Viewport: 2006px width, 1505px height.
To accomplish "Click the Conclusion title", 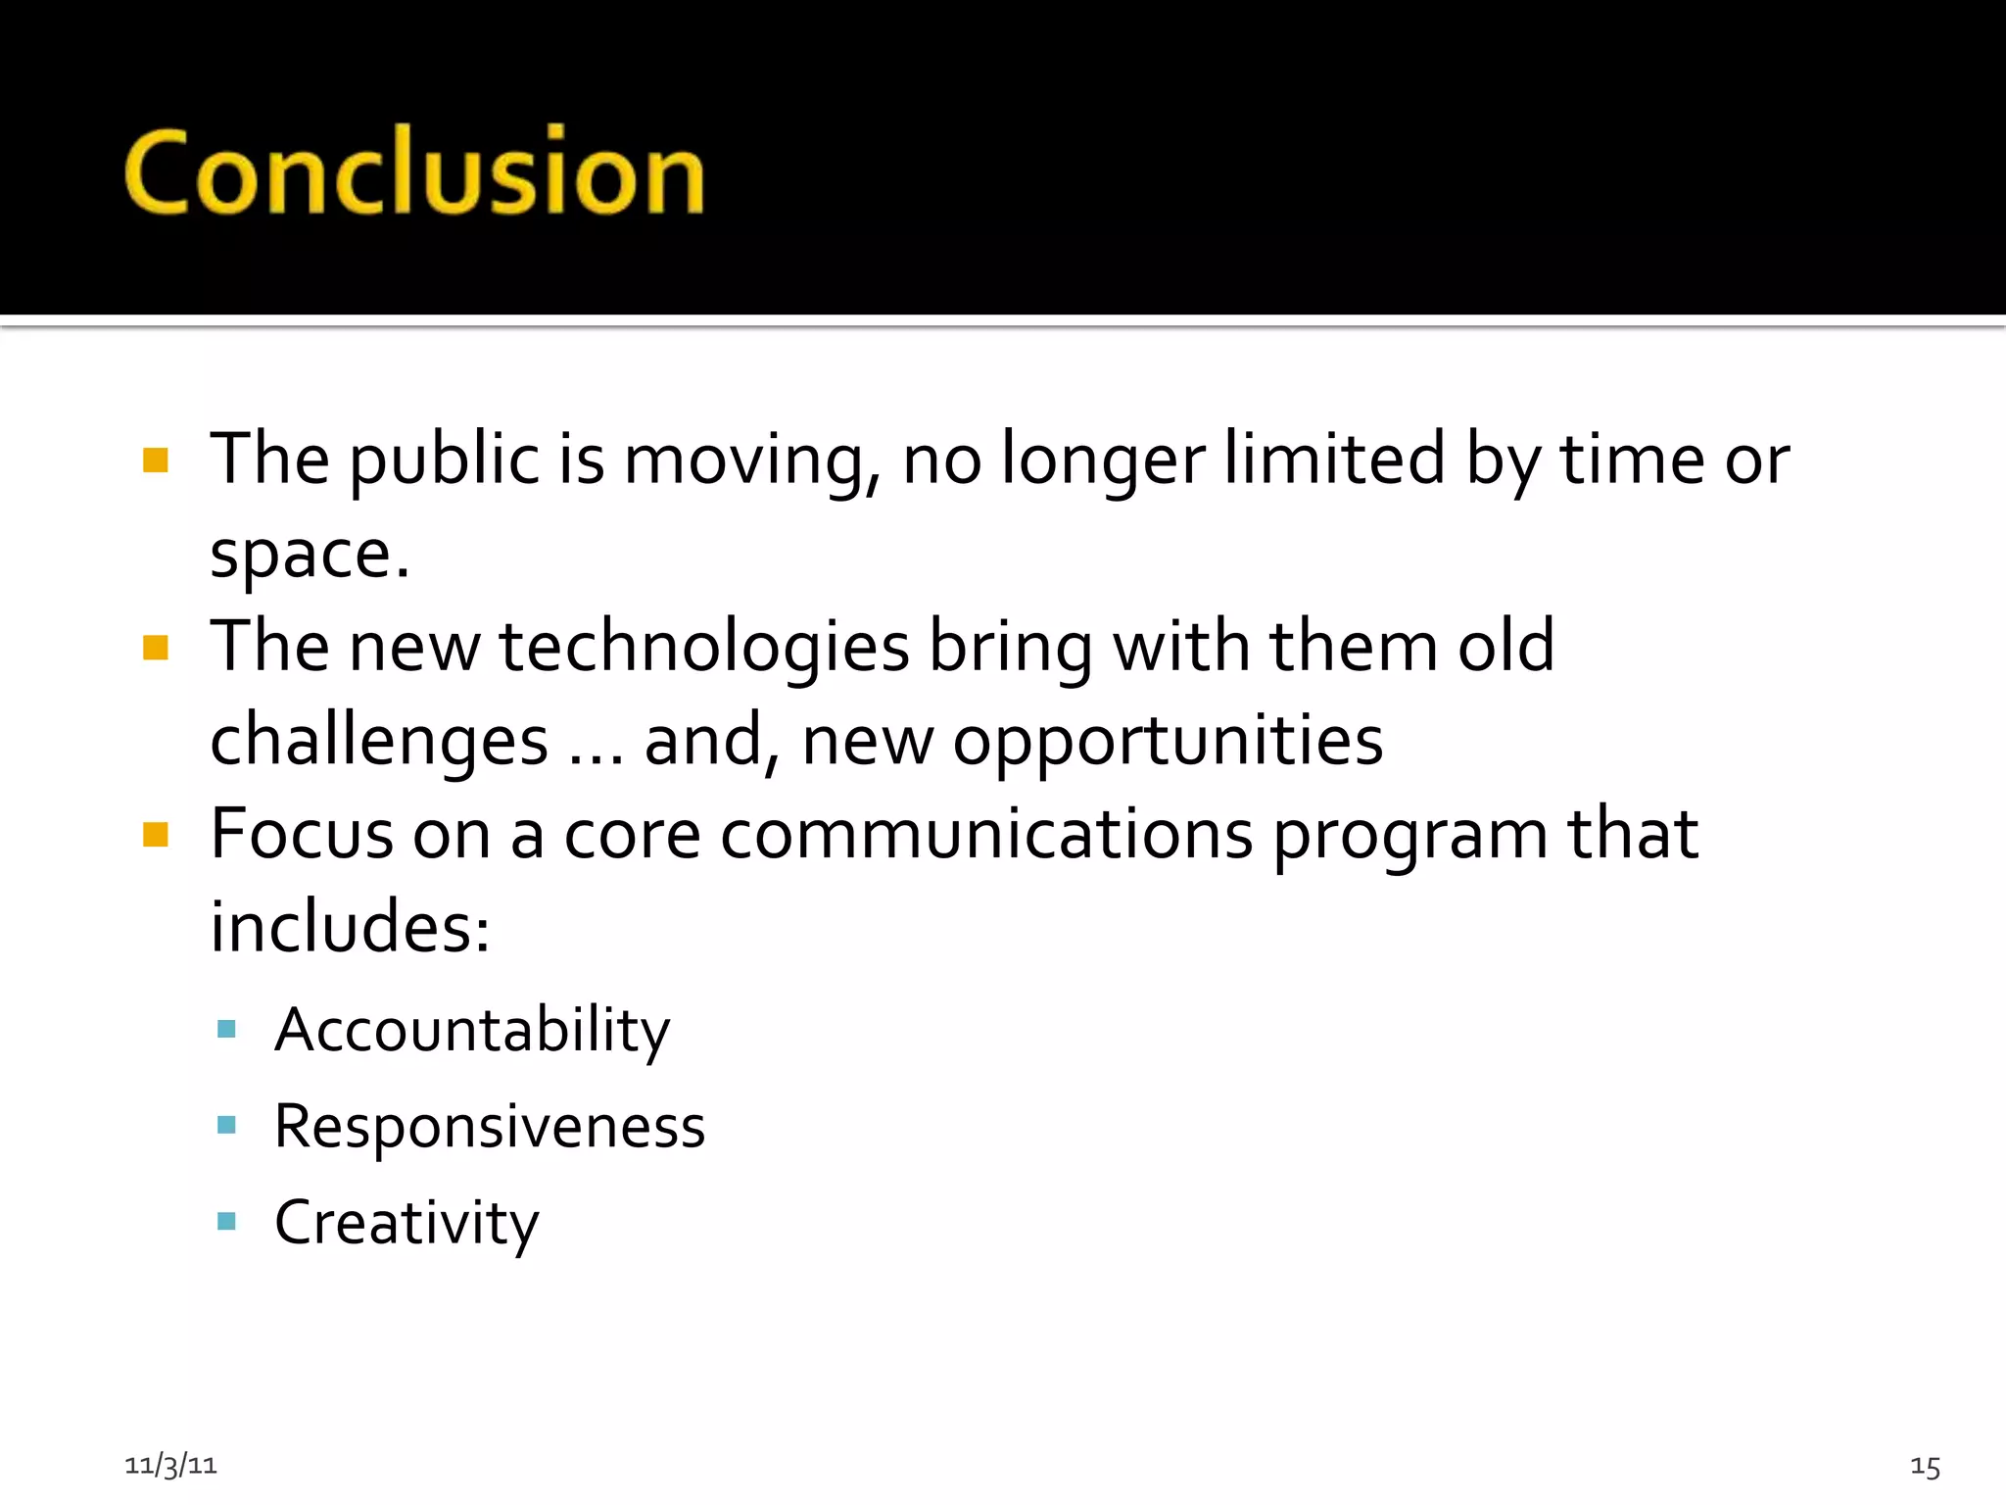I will [413, 172].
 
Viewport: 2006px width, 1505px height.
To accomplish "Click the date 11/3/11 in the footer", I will [170, 1465].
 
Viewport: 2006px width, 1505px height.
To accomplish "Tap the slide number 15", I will [1925, 1467].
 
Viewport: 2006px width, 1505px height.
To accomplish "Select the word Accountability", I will [472, 1031].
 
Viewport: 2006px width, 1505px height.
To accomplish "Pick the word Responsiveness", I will [490, 1127].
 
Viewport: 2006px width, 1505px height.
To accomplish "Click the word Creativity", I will [406, 1223].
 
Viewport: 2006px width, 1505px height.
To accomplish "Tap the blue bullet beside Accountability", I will [226, 1029].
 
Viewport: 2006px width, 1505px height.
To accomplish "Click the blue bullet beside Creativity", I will [226, 1221].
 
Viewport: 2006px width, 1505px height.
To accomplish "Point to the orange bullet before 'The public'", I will [156, 461].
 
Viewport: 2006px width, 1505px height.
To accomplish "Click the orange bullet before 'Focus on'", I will [156, 835].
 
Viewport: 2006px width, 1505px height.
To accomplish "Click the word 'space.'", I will [310, 555].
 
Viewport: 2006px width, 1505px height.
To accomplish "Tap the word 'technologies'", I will [704, 647].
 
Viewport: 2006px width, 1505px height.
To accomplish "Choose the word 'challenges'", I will [379, 741].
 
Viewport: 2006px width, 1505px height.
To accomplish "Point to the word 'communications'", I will [986, 835].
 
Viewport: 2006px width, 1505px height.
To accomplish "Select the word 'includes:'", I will [350, 927].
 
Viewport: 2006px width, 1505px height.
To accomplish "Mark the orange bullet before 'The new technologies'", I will [156, 648].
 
